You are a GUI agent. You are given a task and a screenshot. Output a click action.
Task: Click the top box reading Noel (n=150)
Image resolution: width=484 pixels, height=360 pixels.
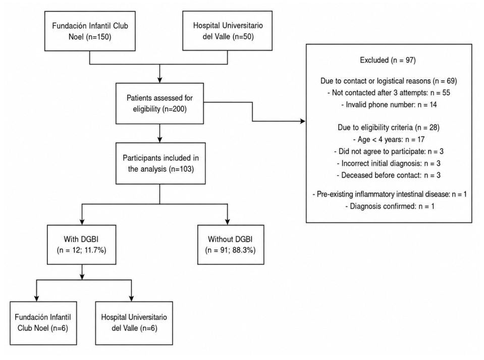click(x=90, y=31)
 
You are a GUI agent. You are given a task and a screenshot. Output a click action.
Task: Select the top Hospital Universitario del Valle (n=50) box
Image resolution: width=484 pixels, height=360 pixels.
click(x=228, y=31)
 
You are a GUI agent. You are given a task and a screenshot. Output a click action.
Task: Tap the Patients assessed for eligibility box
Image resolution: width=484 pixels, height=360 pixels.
click(x=159, y=104)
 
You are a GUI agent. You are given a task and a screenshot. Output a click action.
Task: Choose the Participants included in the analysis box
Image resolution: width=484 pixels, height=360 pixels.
click(x=160, y=163)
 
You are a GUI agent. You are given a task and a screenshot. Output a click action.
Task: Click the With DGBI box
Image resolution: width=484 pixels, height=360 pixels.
click(x=81, y=244)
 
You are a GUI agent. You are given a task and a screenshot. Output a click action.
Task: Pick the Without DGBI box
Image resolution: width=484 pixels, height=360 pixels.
click(x=231, y=244)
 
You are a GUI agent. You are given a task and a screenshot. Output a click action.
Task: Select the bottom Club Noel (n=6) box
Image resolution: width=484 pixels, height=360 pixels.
click(x=43, y=323)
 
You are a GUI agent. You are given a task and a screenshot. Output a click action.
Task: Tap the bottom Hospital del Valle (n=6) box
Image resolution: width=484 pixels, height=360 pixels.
click(x=134, y=323)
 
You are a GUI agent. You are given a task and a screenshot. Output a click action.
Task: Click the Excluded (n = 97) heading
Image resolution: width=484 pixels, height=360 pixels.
click(x=388, y=60)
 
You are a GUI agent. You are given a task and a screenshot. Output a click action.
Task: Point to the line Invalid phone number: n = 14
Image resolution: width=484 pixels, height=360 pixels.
click(x=389, y=105)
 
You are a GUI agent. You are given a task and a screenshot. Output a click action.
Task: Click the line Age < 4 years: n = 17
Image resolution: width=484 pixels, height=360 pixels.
click(x=389, y=139)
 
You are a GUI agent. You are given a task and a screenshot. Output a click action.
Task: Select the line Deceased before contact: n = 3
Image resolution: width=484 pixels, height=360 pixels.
click(x=388, y=175)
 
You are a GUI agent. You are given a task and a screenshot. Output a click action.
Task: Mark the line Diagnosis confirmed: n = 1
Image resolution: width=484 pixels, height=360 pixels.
click(x=390, y=206)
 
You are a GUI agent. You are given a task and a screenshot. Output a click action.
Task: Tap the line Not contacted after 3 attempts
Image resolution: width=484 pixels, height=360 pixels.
click(x=389, y=92)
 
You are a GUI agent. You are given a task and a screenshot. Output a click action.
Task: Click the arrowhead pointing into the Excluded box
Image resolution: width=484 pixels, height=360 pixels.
click(x=303, y=121)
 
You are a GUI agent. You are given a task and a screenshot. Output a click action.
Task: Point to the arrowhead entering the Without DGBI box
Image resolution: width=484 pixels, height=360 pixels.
click(x=228, y=222)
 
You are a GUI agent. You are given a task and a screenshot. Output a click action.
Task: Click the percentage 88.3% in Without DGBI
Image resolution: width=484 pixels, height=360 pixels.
click(x=244, y=250)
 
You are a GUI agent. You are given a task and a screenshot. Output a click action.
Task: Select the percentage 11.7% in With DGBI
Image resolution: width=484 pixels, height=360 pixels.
click(x=95, y=250)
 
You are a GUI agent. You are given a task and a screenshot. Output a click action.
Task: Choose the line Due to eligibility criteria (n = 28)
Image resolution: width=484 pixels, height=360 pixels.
click(x=388, y=128)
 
